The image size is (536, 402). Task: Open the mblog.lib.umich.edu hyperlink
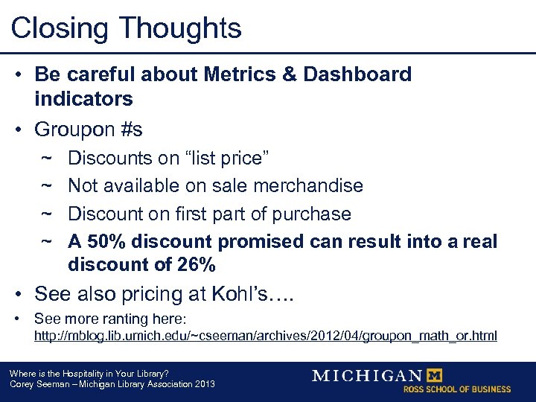click(266, 336)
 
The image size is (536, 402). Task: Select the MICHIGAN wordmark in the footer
click(367, 376)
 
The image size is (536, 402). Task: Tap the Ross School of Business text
click(456, 389)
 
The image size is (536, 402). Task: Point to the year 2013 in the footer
click(204, 384)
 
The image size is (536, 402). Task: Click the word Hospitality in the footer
click(77, 374)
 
